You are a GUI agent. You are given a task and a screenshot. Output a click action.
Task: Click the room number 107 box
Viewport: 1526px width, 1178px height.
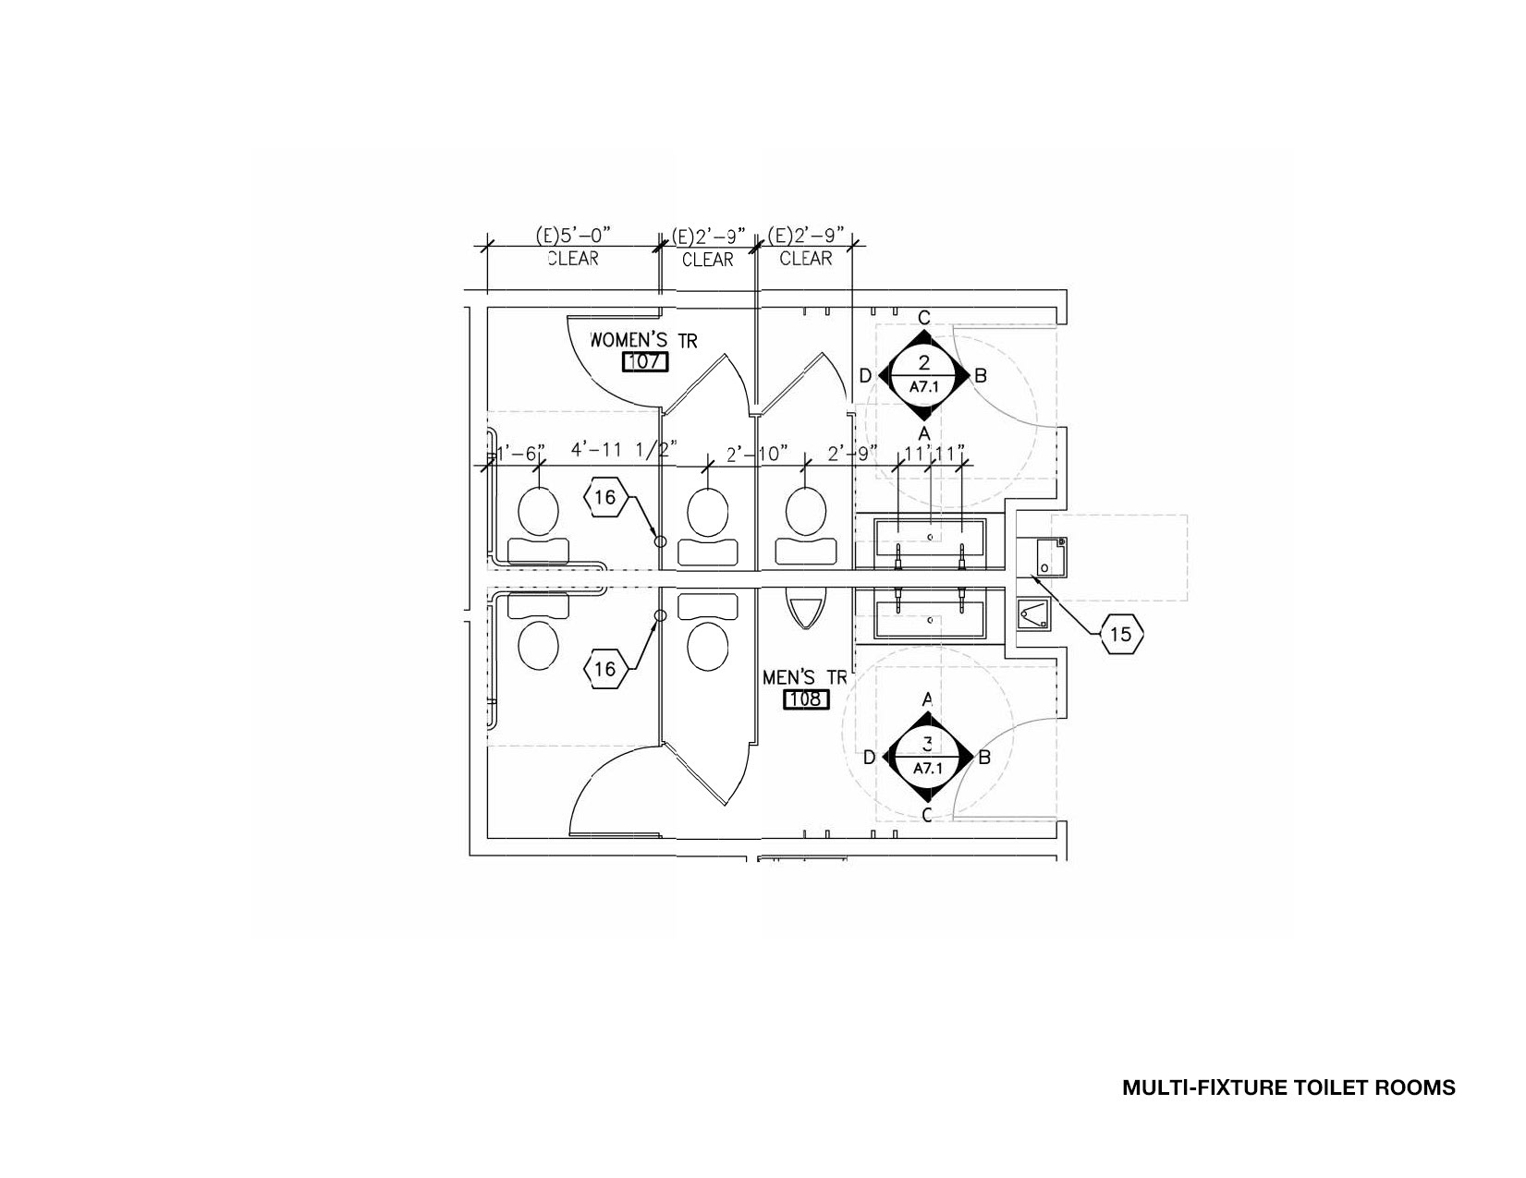[x=644, y=361]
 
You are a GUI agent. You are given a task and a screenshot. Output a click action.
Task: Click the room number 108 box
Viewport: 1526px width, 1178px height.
[x=806, y=699]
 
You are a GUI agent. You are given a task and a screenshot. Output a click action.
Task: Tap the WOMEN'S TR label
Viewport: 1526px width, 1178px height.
[x=643, y=339]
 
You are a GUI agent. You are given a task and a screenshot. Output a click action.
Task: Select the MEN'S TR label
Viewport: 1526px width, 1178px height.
[x=804, y=677]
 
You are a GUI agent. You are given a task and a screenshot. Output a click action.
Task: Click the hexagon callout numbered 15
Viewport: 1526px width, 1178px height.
[x=1120, y=635]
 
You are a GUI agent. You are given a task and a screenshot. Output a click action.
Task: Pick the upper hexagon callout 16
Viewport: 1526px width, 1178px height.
[x=604, y=498]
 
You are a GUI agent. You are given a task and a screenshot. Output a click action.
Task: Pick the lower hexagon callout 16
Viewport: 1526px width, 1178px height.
[x=604, y=668]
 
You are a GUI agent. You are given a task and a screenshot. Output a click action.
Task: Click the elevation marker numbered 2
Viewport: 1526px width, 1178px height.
[x=924, y=375]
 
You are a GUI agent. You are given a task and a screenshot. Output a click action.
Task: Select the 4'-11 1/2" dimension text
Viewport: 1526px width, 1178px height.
[x=623, y=451]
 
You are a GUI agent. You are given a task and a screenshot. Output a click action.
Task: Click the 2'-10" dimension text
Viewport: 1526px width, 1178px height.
[x=756, y=453]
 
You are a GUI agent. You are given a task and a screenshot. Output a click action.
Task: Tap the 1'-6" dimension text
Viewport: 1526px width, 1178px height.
[x=520, y=453]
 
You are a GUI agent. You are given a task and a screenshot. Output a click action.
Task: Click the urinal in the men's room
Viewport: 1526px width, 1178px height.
[x=804, y=610]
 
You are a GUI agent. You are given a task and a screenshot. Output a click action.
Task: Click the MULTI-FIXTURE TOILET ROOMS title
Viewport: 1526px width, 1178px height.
[x=1288, y=1087]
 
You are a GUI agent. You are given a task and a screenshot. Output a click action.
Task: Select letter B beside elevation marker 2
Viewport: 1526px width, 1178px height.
[x=982, y=375]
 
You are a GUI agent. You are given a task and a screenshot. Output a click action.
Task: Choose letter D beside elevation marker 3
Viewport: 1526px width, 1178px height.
[x=869, y=758]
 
